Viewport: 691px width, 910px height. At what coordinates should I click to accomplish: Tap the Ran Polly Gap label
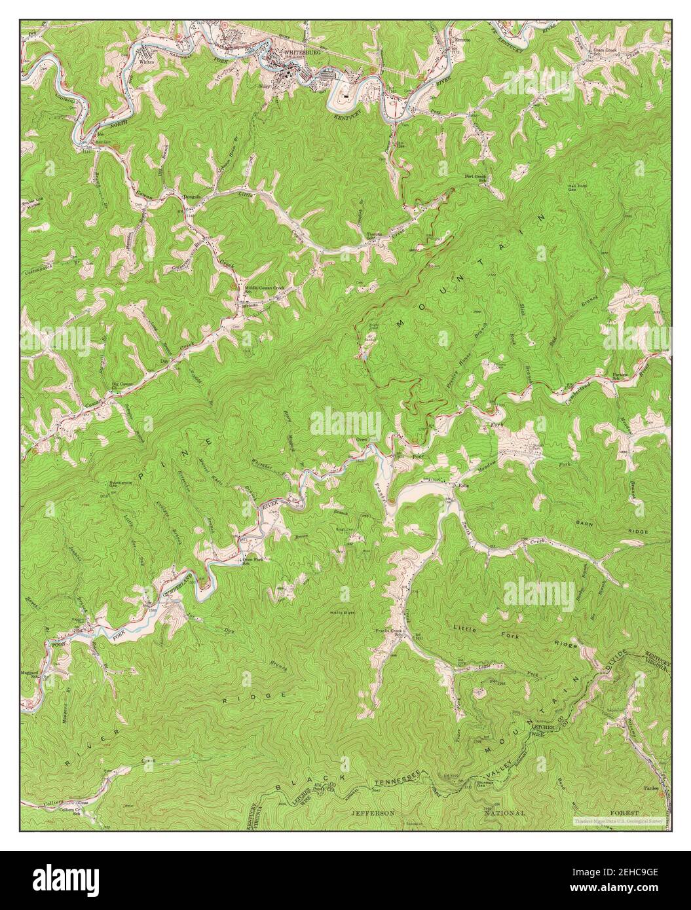(580, 188)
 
